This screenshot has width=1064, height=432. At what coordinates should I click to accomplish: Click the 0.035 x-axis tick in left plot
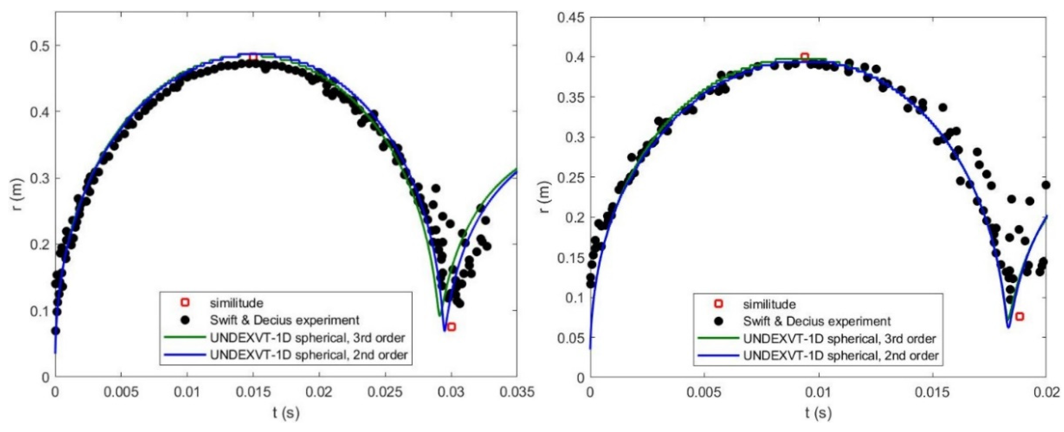click(x=516, y=391)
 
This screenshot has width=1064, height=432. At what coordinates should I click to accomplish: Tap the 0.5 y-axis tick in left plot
click(x=39, y=45)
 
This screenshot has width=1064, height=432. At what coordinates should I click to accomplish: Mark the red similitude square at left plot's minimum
click(x=452, y=327)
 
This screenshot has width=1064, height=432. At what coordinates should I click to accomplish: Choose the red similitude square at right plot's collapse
click(x=1019, y=316)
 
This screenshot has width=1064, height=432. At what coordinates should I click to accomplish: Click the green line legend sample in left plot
click(x=185, y=337)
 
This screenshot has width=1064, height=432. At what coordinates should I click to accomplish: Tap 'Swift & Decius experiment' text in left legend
click(x=285, y=320)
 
